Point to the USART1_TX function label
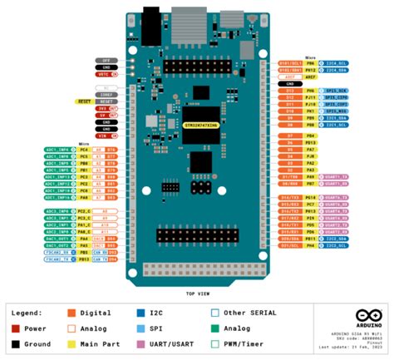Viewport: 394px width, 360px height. click(336, 176)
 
